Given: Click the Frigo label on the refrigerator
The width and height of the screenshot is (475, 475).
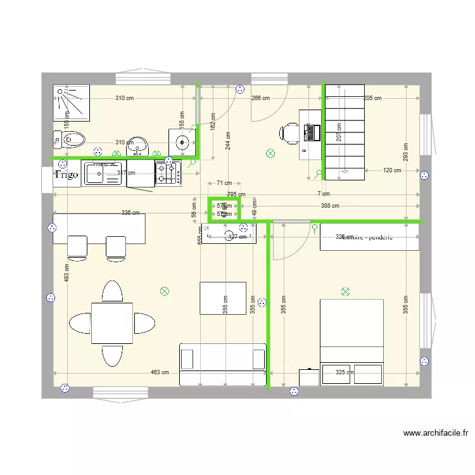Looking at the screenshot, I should [x=66, y=175].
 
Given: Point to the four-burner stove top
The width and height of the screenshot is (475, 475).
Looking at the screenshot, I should [x=168, y=173].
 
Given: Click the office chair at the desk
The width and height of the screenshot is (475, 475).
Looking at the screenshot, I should [x=289, y=132].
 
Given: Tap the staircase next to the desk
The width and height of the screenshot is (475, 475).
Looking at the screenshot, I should [x=345, y=132].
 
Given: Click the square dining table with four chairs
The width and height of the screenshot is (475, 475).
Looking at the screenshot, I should [x=112, y=323].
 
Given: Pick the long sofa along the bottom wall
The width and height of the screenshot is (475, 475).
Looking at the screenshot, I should [x=223, y=364].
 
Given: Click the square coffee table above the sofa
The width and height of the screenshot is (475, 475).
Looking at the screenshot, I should [x=223, y=298].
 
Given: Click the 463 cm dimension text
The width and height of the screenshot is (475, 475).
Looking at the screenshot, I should [x=159, y=373].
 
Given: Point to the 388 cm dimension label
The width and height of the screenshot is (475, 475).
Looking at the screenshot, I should [x=329, y=206].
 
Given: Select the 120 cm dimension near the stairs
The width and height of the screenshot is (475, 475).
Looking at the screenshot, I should [x=392, y=170].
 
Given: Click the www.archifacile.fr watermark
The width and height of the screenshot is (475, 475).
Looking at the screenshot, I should [x=436, y=434].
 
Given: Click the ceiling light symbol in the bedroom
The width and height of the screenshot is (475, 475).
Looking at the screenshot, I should [x=345, y=291].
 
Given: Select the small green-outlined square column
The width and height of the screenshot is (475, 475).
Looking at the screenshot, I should [x=224, y=210].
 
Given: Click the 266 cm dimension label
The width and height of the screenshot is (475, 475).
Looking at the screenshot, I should [x=260, y=98].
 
